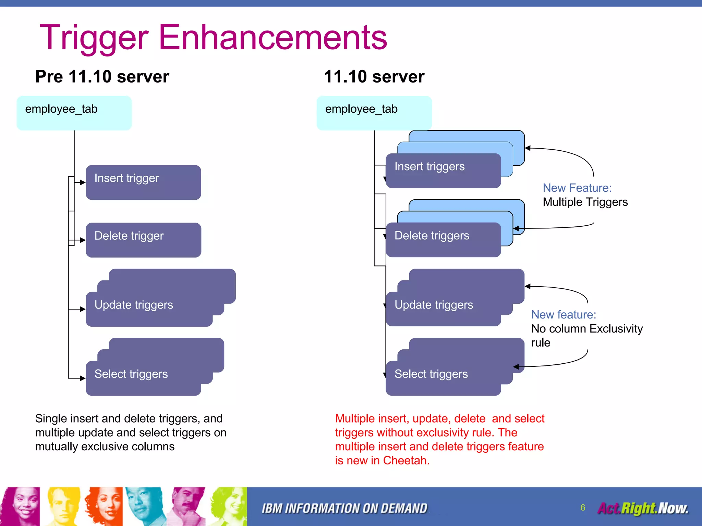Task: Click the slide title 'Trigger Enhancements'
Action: (x=213, y=38)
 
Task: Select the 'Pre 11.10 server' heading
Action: (x=102, y=76)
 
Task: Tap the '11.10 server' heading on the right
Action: (x=374, y=76)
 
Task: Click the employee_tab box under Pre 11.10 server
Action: (x=74, y=113)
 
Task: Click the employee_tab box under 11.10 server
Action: (x=374, y=113)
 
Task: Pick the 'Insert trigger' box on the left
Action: (x=143, y=182)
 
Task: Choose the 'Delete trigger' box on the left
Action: (x=143, y=240)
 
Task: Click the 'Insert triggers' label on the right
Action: (x=429, y=166)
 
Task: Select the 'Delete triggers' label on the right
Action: (x=432, y=236)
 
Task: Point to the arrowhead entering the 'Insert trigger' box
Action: (x=83, y=183)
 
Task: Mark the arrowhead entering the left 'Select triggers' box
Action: (x=83, y=378)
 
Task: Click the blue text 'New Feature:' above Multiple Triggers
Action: (x=577, y=188)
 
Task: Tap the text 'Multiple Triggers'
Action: (x=585, y=202)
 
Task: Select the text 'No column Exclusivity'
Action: (x=587, y=329)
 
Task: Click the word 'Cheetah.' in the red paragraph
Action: (x=406, y=461)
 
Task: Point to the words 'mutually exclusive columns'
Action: (x=105, y=447)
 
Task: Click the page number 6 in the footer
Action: (x=583, y=508)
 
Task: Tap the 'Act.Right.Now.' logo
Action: (x=643, y=508)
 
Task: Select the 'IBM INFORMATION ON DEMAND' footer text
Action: (x=344, y=509)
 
